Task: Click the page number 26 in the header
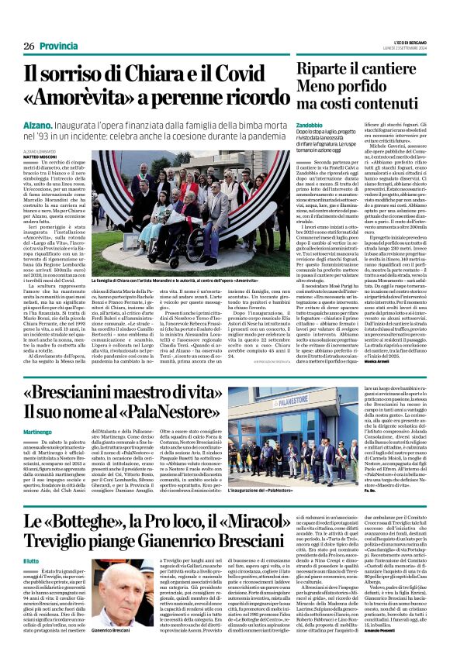[x=29, y=47]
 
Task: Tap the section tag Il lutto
[x=31, y=560]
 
